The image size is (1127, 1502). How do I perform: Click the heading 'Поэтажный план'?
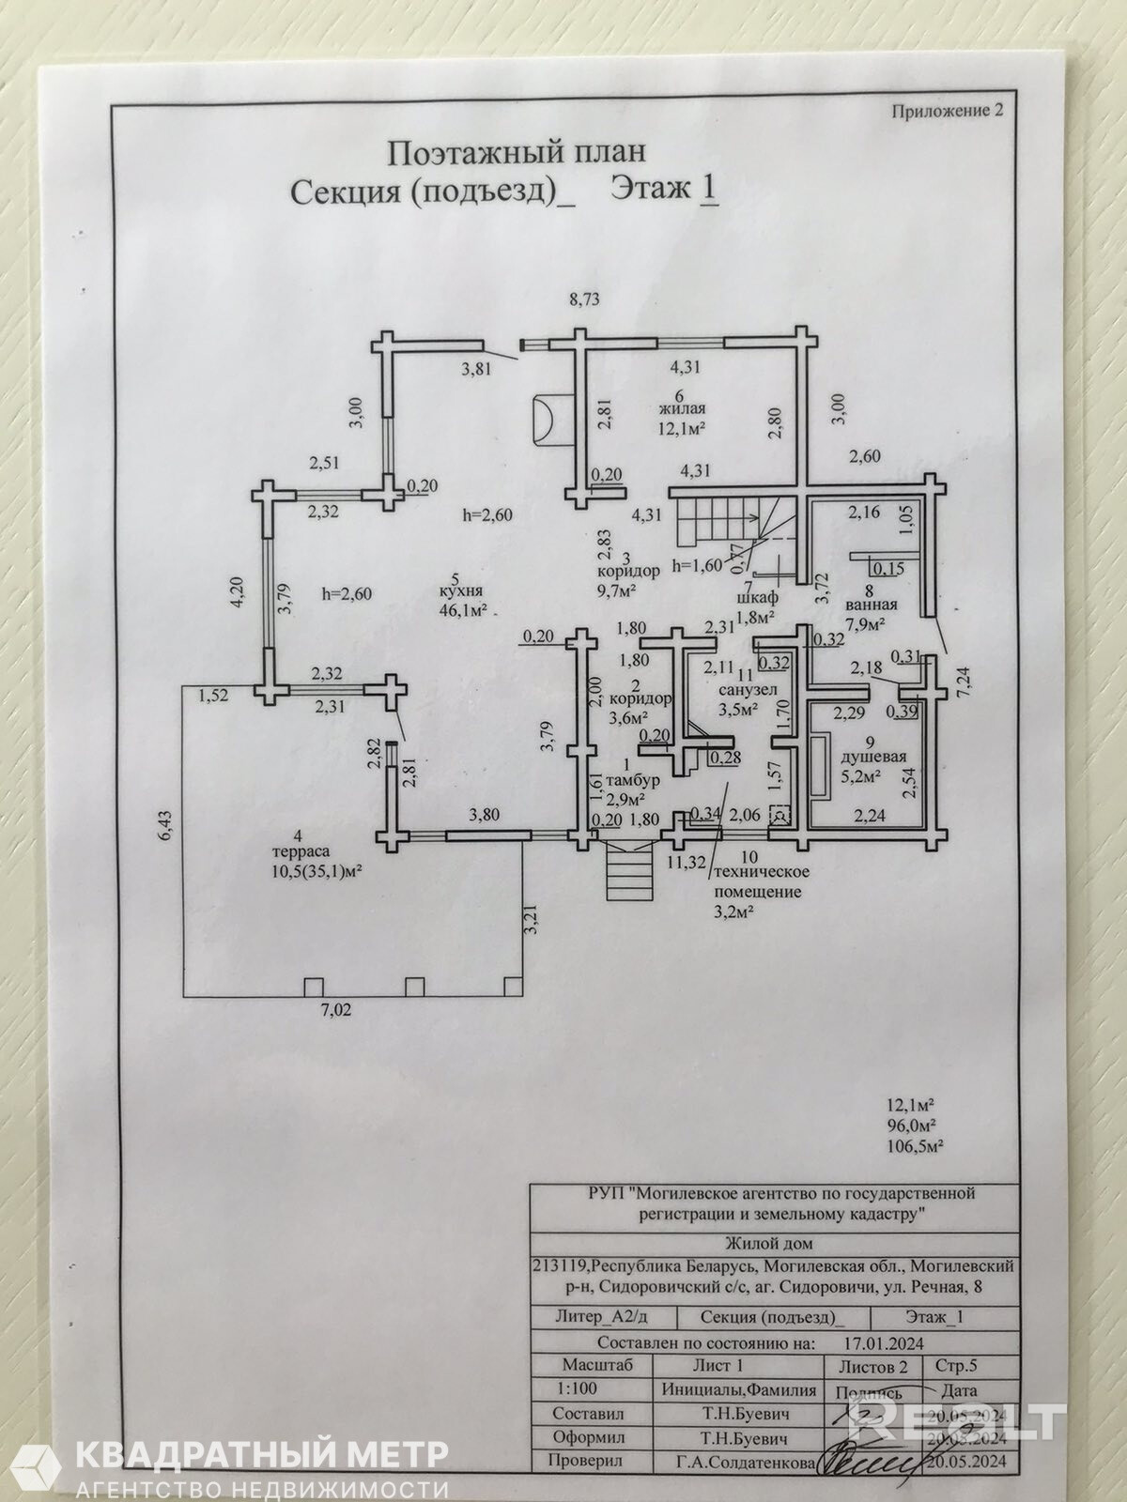tap(517, 152)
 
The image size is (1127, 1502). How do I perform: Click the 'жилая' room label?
tap(681, 409)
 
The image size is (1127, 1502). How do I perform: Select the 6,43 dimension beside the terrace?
tap(164, 826)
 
